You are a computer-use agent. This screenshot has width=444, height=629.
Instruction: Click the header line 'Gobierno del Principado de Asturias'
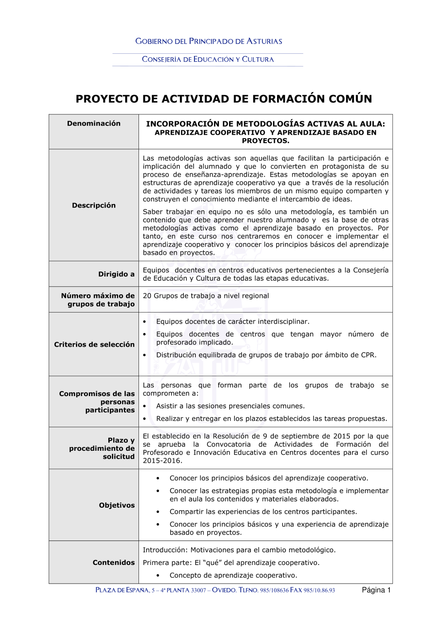coord(209,41)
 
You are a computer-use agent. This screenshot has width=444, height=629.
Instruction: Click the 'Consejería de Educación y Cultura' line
coord(208,60)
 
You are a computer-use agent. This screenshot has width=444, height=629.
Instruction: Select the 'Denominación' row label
coord(94,124)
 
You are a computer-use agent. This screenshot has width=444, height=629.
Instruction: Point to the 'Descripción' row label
coord(94,205)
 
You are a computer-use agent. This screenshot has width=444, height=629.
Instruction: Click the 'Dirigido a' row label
coord(116,274)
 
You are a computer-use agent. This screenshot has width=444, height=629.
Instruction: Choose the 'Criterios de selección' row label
coord(94,345)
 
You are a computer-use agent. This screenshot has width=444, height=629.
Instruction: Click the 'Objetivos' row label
coord(117,505)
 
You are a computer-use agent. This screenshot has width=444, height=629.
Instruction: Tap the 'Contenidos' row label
coord(114,563)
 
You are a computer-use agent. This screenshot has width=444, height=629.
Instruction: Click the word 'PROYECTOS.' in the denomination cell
coord(266,141)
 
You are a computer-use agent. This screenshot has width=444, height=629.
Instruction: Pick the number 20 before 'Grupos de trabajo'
coord(147,296)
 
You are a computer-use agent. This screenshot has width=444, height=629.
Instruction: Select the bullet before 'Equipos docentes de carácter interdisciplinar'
coord(145,322)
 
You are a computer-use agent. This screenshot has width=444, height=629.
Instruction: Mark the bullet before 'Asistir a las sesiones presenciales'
coord(145,406)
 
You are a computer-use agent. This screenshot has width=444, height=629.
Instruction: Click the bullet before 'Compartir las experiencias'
coord(158,512)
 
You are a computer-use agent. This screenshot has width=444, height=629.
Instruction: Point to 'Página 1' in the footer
coord(376,590)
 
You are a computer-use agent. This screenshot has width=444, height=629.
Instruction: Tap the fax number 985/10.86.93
coord(319,591)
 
